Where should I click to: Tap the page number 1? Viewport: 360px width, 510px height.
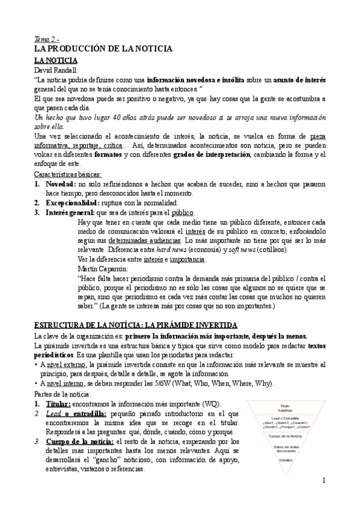pyautogui.click(x=323, y=481)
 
